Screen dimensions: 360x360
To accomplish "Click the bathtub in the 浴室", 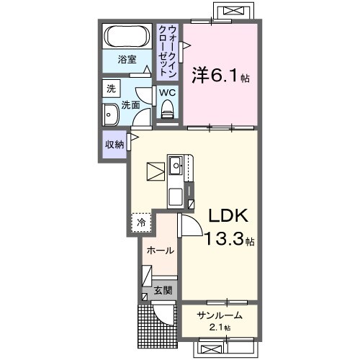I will click(127, 36).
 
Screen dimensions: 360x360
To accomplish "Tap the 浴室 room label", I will click(127, 60).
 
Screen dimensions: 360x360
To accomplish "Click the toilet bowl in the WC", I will click(168, 109).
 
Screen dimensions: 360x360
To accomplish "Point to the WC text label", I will click(167, 93).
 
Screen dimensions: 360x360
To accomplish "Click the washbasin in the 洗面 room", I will click(111, 115).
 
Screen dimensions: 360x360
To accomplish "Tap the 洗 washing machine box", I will click(111, 89).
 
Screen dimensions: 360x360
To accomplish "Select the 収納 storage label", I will click(114, 144).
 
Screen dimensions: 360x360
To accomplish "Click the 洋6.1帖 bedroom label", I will click(219, 74).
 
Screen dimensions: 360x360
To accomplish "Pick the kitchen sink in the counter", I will click(176, 166).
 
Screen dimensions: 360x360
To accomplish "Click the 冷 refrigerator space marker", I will click(141, 222).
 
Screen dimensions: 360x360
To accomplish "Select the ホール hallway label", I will click(158, 251).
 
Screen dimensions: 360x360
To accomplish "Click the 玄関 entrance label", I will click(163, 291).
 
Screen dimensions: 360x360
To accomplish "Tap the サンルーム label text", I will click(216, 315).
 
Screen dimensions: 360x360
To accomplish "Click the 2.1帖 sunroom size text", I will click(217, 328).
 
